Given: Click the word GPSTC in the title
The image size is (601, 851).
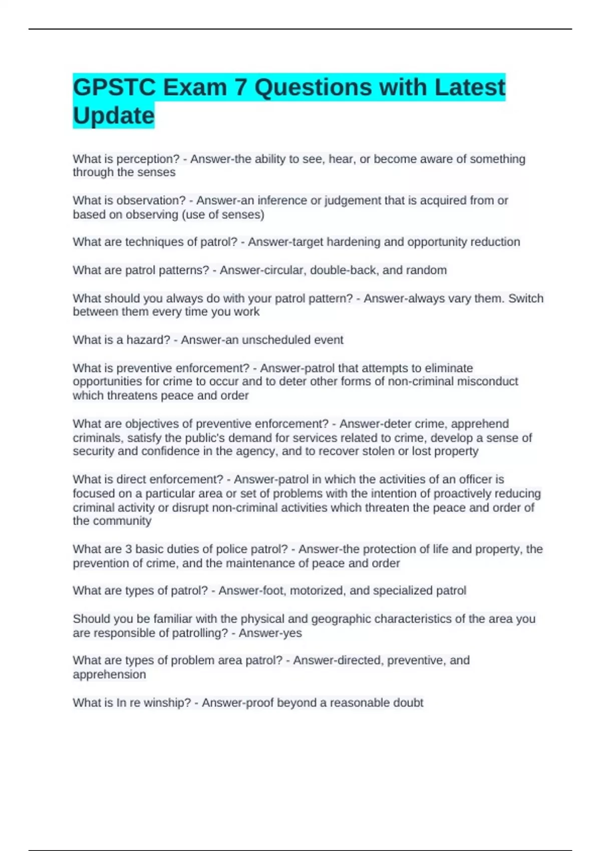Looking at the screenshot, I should point(114,88).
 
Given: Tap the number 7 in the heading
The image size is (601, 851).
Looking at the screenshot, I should point(240,88).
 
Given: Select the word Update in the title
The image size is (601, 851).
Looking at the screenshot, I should point(114,116).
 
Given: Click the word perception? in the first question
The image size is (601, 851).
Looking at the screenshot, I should point(148,159).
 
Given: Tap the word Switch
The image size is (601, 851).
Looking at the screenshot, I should point(526,298).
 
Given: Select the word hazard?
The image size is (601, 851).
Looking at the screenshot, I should point(148,340).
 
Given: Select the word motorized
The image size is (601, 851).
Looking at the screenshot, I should point(318,591).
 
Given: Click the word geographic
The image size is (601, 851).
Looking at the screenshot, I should point(341,619).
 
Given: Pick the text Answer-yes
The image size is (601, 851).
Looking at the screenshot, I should point(270,633).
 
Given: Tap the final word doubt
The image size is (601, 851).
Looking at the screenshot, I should point(408,703).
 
